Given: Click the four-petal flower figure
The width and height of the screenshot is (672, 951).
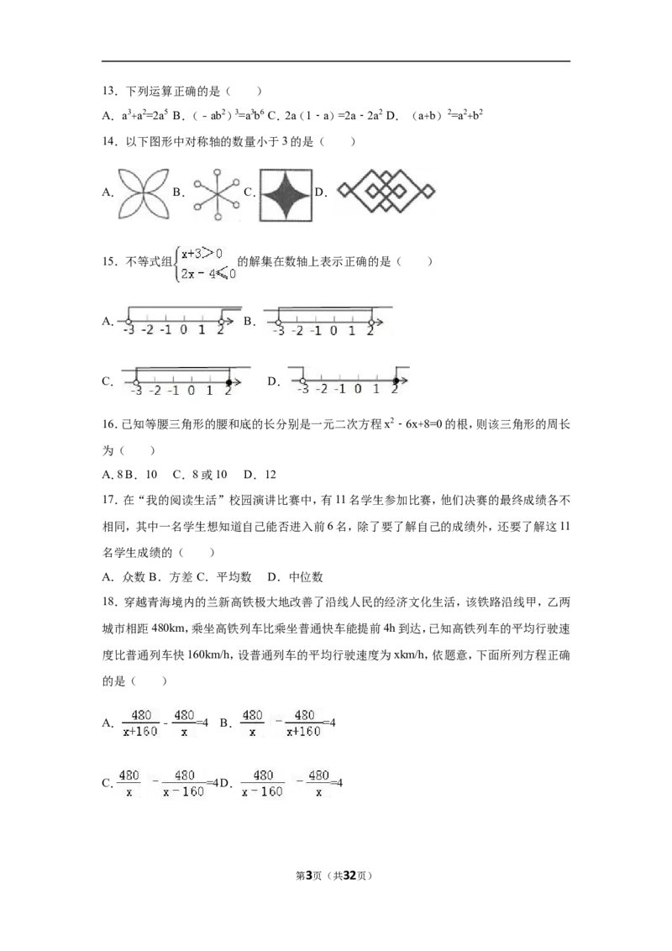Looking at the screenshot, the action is tap(144, 195).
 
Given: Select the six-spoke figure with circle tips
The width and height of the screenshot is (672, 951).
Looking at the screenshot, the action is tap(215, 198).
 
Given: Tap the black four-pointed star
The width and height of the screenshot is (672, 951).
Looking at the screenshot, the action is tap(286, 198).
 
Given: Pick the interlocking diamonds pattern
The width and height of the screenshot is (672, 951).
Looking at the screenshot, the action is tap(386, 192).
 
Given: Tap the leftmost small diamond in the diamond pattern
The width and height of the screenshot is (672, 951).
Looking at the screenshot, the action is tap(343, 191).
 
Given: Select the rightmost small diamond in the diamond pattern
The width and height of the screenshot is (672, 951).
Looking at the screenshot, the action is tap(428, 191).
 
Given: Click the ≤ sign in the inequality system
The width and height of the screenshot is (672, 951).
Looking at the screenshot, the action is tap(221, 274).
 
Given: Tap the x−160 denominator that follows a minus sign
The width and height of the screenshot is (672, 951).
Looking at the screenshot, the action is tap(183, 791).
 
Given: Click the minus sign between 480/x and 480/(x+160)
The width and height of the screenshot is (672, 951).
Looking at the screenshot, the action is tap(278, 722).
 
